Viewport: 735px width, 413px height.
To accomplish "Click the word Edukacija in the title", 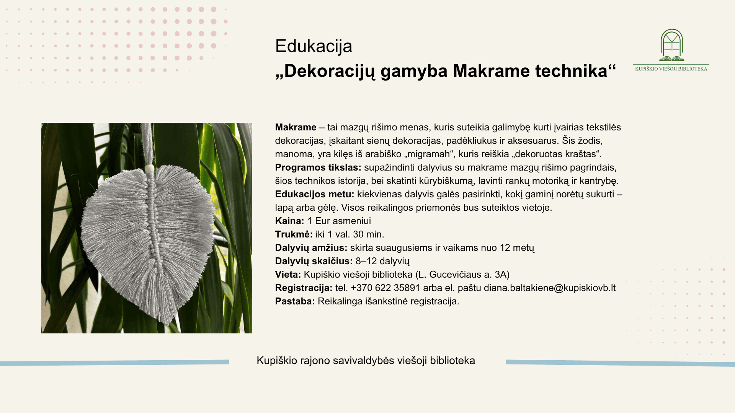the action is pyautogui.click(x=314, y=46).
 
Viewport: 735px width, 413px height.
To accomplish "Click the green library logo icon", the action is pyautogui.click(x=671, y=45).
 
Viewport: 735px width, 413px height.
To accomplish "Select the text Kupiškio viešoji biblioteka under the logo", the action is pyautogui.click(x=671, y=69).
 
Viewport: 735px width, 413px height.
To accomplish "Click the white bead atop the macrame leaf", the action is pyautogui.click(x=149, y=168).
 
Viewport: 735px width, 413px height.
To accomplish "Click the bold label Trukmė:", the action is pyautogui.click(x=294, y=234).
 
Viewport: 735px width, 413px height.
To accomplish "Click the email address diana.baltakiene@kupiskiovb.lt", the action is pyautogui.click(x=550, y=288).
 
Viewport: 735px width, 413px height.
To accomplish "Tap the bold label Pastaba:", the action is pyautogui.click(x=295, y=301).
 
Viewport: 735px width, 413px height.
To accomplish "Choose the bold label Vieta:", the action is pyautogui.click(x=288, y=275).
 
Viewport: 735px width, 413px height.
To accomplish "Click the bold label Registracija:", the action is pyautogui.click(x=304, y=288).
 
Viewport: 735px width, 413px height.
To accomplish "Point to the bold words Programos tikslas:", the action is pyautogui.click(x=318, y=167).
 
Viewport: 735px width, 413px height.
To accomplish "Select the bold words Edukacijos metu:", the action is pyautogui.click(x=315, y=194).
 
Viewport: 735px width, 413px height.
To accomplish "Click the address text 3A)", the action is pyautogui.click(x=502, y=275).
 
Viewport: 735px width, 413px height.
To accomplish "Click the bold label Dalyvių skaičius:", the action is pyautogui.click(x=314, y=261).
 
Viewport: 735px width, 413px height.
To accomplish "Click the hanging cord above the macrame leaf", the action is pyautogui.click(x=148, y=143).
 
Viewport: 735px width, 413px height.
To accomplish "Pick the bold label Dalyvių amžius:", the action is pyautogui.click(x=311, y=248).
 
